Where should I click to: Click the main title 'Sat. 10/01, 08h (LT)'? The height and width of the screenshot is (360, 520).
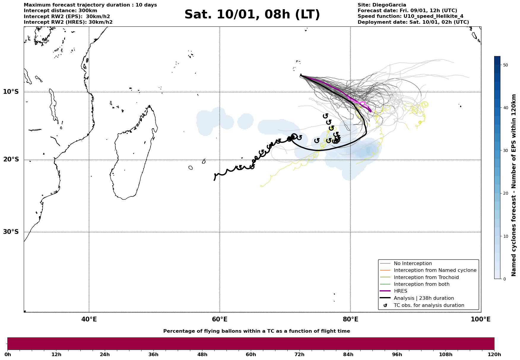click(252, 15)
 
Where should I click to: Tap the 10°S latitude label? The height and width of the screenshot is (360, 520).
click(11, 92)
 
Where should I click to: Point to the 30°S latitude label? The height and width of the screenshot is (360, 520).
click(11, 232)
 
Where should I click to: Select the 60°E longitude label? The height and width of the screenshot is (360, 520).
click(220, 319)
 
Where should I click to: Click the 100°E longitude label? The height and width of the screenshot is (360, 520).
click(481, 319)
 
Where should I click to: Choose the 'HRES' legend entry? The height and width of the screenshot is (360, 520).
click(400, 291)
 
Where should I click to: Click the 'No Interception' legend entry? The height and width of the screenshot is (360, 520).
click(413, 264)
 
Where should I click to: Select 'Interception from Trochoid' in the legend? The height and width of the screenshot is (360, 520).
click(426, 277)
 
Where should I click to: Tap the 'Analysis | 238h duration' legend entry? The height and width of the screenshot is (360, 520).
click(424, 298)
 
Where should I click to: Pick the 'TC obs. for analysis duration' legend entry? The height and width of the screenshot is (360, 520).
click(429, 305)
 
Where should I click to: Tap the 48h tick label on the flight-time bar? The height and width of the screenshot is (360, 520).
click(202, 355)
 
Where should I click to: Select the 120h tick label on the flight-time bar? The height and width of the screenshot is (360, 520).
click(494, 355)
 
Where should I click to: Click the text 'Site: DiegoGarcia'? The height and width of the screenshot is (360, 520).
click(382, 5)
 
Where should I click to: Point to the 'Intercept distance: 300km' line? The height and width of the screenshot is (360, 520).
click(60, 11)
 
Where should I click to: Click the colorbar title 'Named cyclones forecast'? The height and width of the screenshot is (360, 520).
click(514, 185)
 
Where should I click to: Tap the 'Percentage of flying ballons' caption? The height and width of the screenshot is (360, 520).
click(256, 331)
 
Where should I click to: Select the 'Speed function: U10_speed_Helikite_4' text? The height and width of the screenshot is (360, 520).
click(410, 16)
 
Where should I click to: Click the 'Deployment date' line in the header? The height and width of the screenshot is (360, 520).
click(413, 22)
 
